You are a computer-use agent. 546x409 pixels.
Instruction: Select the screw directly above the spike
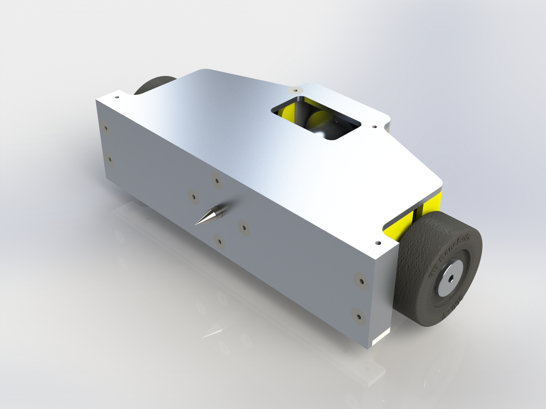tap(216, 180)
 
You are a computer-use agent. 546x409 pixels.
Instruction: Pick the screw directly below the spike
tap(219, 241)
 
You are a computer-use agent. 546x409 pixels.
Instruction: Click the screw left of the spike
tap(194, 197)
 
